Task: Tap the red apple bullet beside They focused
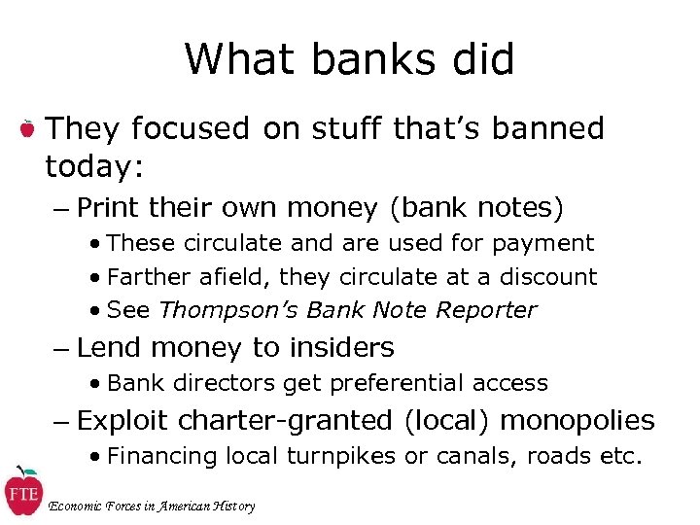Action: coord(28,128)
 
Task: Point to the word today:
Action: coord(94,167)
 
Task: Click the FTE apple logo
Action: coord(22,491)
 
